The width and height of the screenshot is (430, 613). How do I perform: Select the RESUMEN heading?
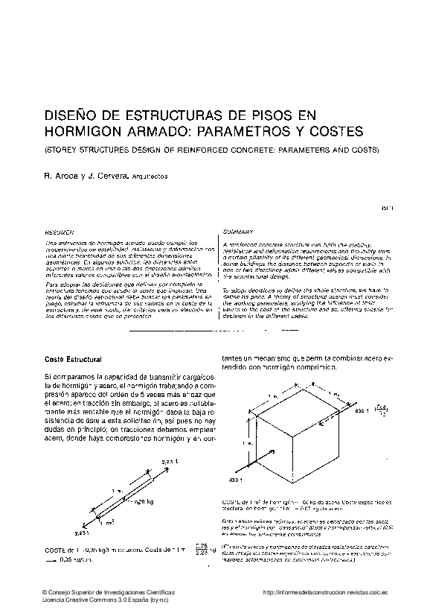point(59,233)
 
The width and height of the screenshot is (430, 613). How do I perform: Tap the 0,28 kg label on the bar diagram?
point(143,504)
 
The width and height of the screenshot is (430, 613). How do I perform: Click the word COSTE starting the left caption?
point(56,550)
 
